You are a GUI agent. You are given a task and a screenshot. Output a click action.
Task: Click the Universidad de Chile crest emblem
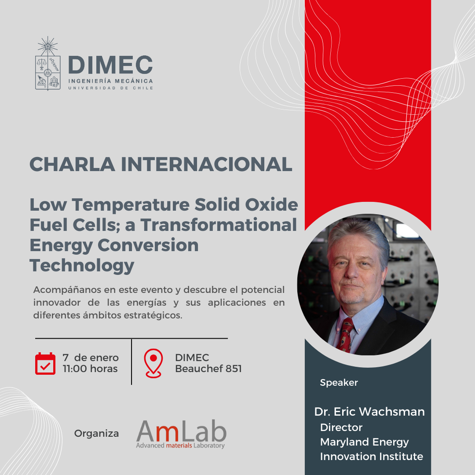coord(47,63)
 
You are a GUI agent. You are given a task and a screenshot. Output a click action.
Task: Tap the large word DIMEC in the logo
coord(110,65)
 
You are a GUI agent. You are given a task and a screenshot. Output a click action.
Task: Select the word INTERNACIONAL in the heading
coord(207,164)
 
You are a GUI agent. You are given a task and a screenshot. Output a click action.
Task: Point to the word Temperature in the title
coord(131,205)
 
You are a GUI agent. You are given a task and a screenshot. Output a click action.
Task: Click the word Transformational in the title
coord(219,225)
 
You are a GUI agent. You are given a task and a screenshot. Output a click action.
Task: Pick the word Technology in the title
coord(82,266)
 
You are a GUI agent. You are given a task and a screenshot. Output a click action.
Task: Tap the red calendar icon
coord(45,364)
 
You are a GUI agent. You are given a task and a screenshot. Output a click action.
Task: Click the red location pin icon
coord(153,363)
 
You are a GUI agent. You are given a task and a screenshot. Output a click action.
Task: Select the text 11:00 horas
coord(90,369)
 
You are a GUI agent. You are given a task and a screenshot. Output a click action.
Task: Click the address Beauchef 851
coord(208,369)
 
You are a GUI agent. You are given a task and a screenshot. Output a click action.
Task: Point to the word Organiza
coord(97,434)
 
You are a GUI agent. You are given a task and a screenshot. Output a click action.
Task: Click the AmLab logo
coord(181,434)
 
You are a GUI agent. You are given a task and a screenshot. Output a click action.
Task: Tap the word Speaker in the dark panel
coord(339,383)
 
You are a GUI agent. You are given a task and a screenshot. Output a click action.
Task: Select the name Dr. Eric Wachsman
coord(369,412)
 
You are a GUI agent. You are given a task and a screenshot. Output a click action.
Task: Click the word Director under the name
coord(341,427)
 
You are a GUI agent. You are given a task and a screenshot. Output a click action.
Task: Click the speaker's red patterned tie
coord(345,335)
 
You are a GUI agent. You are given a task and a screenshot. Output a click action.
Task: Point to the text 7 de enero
coord(91,358)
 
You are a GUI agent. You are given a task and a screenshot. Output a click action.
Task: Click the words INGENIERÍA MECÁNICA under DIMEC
coord(110,81)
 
